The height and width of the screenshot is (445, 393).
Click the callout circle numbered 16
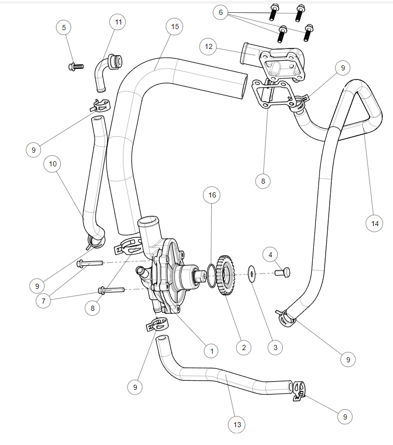pyautogui.click(x=212, y=195)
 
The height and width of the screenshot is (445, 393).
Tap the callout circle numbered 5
pyautogui.click(x=64, y=28)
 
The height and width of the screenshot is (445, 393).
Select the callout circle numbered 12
pyautogui.click(x=208, y=46)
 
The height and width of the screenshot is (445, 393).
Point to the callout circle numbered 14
pyautogui.click(x=374, y=223)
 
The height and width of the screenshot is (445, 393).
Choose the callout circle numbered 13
pyautogui.click(x=236, y=425)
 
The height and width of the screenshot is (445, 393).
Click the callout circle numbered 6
pyautogui.click(x=220, y=13)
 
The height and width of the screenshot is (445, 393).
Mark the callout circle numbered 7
pyautogui.click(x=44, y=301)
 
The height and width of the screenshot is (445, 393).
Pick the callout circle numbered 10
pyautogui.click(x=53, y=164)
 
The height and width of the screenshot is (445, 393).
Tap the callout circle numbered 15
pyautogui.click(x=175, y=27)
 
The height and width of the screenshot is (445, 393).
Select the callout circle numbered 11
pyautogui.click(x=118, y=22)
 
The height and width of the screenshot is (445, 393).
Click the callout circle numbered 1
pyautogui.click(x=211, y=351)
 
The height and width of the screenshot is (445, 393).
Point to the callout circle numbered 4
pyautogui.click(x=271, y=254)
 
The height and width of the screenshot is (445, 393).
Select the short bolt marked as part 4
pyautogui.click(x=282, y=272)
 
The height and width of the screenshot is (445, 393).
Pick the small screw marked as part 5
pyautogui.click(x=75, y=66)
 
